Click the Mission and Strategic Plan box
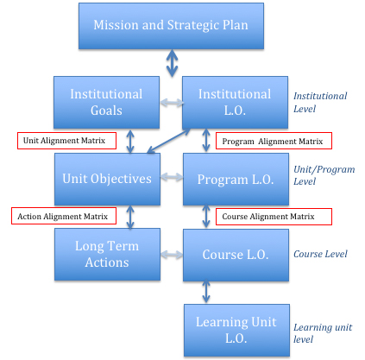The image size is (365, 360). pyautogui.click(x=171, y=26)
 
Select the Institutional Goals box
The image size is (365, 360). pyautogui.click(x=106, y=102)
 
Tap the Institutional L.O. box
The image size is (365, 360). pyautogui.click(x=235, y=102)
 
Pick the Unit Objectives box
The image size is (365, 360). pyautogui.click(x=107, y=179)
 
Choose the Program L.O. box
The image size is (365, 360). pyautogui.click(x=236, y=179)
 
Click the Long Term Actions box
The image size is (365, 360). pyautogui.click(x=107, y=255)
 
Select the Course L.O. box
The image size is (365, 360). pyautogui.click(x=236, y=255)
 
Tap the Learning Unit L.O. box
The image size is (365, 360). pyautogui.click(x=236, y=331)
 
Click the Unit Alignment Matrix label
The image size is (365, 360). pyautogui.click(x=66, y=141)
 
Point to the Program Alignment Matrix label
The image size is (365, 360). pyautogui.click(x=274, y=141)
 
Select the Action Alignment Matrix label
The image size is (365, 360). pyautogui.click(x=64, y=216)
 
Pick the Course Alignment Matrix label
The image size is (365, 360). pyautogui.click(x=274, y=217)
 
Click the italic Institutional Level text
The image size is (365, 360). pyautogui.click(x=320, y=103)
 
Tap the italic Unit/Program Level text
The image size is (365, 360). pyautogui.click(x=324, y=175)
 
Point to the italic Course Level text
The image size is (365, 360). pyautogui.click(x=320, y=254)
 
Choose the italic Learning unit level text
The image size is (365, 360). pyautogui.click(x=323, y=333)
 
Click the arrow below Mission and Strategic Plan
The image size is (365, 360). pyautogui.click(x=172, y=63)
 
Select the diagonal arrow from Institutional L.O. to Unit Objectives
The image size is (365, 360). pyautogui.click(x=168, y=141)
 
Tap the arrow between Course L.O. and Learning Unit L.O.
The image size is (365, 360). pyautogui.click(x=206, y=292)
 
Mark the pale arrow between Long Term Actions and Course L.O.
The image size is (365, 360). pyautogui.click(x=172, y=255)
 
